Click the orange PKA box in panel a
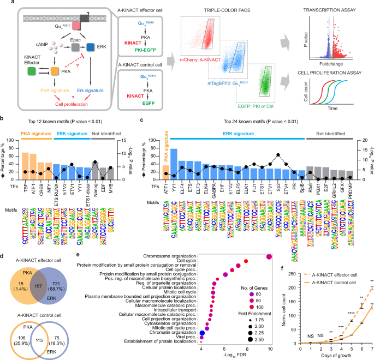point(53,70)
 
